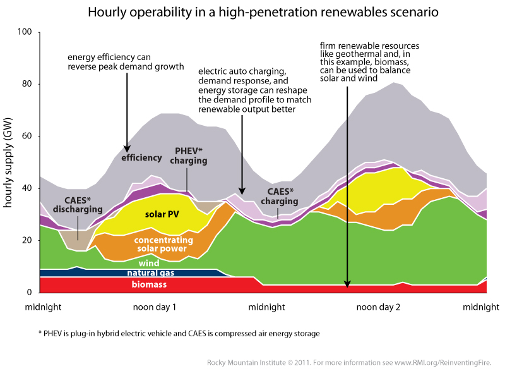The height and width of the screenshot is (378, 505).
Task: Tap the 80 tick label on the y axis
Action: [26, 84]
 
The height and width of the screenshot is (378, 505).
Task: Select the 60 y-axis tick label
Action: [26, 136]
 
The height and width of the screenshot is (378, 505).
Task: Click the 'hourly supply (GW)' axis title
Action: [9, 161]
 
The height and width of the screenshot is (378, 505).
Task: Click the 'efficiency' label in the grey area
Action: [142, 157]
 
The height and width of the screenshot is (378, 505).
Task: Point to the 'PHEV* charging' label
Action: [188, 156]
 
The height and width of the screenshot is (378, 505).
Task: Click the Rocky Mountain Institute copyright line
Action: [348, 363]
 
